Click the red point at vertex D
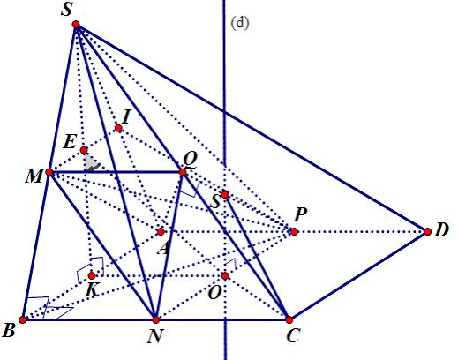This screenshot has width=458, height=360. click(427, 232)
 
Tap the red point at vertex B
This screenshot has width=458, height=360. click(22, 319)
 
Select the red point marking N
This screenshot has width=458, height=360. click(156, 319)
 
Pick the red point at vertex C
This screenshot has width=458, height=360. click(289, 319)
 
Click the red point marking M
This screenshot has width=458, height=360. click(49, 172)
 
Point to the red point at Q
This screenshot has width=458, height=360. click(183, 172)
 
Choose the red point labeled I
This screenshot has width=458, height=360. click(118, 128)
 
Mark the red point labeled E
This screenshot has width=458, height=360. click(84, 151)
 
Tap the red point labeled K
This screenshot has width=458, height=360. click(92, 275)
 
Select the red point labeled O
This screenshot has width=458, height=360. click(225, 275)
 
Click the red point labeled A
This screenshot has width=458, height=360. click(161, 232)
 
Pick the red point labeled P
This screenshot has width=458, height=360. click(294, 232)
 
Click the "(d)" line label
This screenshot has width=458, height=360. click(240, 23)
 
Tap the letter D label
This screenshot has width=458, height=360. click(441, 230)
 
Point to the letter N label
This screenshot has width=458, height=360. click(155, 336)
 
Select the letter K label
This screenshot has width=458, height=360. click(92, 290)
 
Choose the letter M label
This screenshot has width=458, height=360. click(34, 176)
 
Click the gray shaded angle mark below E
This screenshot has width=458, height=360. click(91, 163)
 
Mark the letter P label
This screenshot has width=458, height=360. click(300, 214)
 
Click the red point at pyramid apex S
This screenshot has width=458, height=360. click(76, 25)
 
